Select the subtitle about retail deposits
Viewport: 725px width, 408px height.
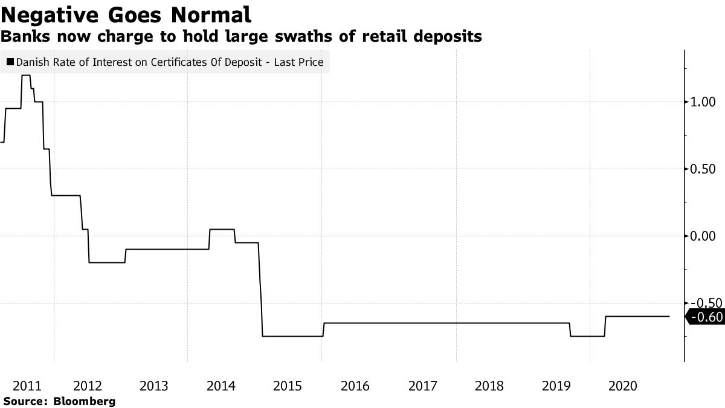point(241,37)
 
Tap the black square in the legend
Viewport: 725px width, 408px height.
point(10,62)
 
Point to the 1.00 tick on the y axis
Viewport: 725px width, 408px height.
point(703,102)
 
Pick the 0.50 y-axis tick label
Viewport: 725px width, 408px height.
point(703,169)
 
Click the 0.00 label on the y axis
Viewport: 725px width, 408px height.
point(703,236)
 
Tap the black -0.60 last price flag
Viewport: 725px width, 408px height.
point(706,317)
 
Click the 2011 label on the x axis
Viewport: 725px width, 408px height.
point(27,386)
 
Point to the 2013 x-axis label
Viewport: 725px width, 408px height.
point(153,386)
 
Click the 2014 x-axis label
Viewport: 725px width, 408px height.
point(221,386)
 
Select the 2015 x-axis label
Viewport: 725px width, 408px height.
point(288,386)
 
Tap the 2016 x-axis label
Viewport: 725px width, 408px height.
point(355,386)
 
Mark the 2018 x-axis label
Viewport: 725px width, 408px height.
point(489,386)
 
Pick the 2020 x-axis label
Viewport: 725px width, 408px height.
point(622,386)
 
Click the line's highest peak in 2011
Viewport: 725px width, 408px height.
point(26,76)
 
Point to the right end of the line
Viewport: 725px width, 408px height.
point(669,316)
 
